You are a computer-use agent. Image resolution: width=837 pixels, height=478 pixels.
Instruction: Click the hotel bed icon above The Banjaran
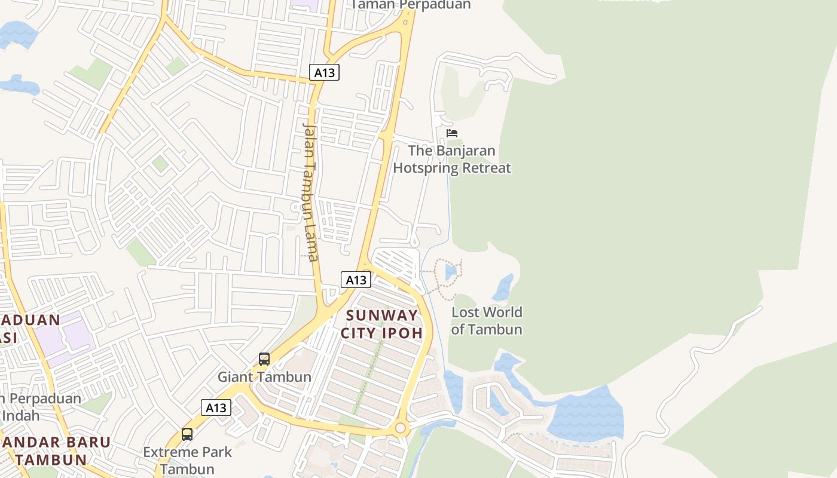coord(452,133)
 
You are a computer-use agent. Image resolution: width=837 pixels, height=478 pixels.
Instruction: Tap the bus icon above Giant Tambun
coord(264,359)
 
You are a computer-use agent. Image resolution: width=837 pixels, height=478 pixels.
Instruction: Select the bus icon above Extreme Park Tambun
coord(187,434)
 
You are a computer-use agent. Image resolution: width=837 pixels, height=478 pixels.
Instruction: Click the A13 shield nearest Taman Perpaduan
coord(325,73)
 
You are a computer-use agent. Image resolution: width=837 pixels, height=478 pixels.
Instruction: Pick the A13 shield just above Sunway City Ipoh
coord(356,280)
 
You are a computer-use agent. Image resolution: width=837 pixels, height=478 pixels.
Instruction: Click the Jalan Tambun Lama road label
coord(310,191)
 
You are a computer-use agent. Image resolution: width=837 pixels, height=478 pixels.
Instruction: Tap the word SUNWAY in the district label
coord(382,315)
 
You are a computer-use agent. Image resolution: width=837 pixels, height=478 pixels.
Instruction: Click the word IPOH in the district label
coord(404,333)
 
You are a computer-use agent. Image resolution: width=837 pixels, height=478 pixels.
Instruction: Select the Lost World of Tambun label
coord(487,321)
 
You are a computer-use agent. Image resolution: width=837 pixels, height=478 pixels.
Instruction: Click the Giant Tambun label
coord(264,377)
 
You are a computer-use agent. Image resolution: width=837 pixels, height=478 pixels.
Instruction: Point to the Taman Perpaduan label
coord(411,5)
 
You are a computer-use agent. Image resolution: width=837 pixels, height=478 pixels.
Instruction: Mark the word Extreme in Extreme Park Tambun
coord(169,452)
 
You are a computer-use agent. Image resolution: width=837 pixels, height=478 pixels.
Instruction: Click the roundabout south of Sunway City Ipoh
coord(401,428)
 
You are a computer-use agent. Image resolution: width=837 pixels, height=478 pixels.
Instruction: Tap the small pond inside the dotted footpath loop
coord(451,272)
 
